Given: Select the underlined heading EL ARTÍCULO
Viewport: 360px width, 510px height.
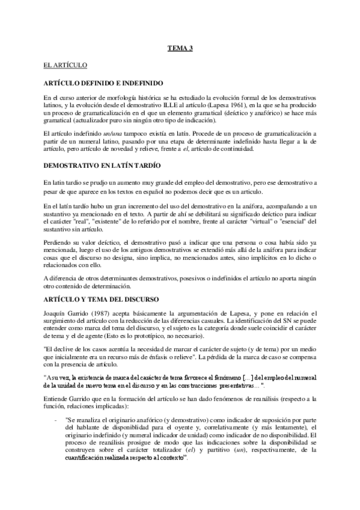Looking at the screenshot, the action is (66, 63).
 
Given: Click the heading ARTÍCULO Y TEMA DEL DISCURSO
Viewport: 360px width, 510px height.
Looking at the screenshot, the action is (100, 298).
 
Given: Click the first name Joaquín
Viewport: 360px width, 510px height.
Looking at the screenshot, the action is (55, 314).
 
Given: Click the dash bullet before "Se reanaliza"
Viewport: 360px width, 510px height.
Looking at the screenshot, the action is (56, 419).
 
